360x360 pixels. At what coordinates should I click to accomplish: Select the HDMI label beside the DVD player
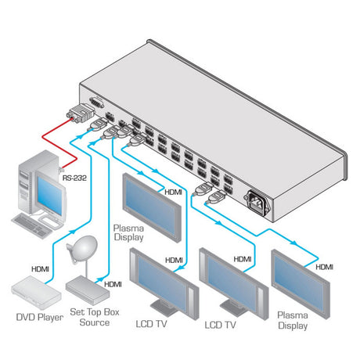(43, 268)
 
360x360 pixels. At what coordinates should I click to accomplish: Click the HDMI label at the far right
(324, 267)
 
